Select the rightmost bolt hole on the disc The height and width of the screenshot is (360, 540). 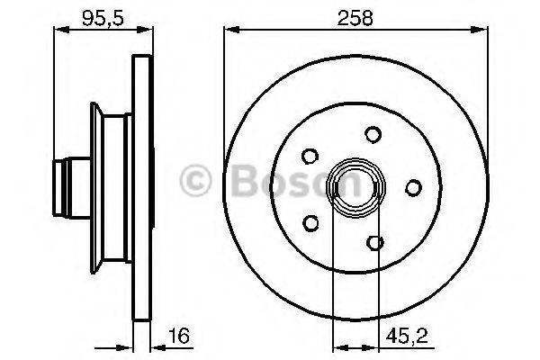[413, 187]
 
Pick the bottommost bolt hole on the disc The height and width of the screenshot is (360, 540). [374, 241]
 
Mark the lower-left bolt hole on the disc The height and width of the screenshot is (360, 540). [310, 220]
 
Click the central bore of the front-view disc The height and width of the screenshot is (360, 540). [355, 187]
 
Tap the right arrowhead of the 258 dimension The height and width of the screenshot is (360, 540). [487, 31]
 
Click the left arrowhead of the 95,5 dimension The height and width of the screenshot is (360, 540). [59, 31]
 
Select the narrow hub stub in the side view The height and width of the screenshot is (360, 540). [67, 187]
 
